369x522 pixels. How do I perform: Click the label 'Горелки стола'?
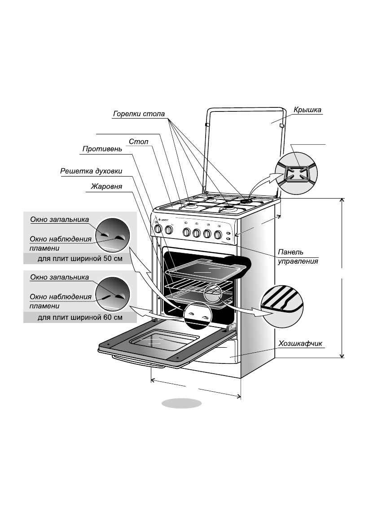pyautogui.click(x=139, y=114)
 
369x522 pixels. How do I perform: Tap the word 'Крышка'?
pyautogui.click(x=307, y=109)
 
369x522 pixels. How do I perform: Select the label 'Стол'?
pyautogui.click(x=138, y=142)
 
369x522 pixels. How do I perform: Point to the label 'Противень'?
pyautogui.click(x=102, y=149)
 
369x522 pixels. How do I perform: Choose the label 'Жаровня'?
pyautogui.click(x=107, y=186)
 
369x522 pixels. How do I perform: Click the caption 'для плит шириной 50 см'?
pyautogui.click(x=79, y=259)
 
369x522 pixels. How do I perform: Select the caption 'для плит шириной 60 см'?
pyautogui.click(x=79, y=318)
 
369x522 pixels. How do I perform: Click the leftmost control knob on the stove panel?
pyautogui.click(x=158, y=230)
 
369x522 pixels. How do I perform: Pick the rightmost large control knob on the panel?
pyautogui.click(x=218, y=234)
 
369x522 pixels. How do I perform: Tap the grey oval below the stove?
pyautogui.click(x=182, y=403)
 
